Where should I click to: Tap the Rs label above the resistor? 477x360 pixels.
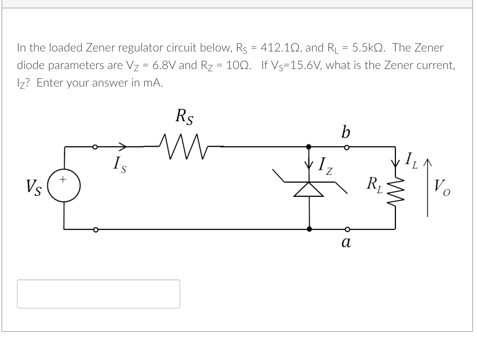coord(185,116)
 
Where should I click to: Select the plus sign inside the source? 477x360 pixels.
coord(64,179)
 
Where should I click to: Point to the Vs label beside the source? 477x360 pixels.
coord(34,188)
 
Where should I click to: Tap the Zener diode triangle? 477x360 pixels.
coord(309,189)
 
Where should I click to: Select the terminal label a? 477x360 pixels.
coord(346,242)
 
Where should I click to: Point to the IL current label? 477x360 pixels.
coord(412,160)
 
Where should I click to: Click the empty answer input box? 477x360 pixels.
coord(98,294)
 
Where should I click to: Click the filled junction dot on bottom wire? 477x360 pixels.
coord(309,229)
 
